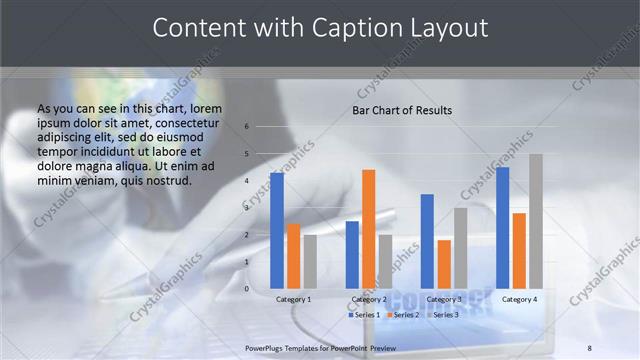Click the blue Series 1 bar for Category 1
277,231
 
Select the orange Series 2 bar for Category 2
369,229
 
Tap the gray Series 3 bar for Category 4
536,221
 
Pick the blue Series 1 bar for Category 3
427,241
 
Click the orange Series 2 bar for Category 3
444,264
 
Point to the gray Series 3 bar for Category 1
310,261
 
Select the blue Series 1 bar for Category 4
503,228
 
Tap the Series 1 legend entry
364,315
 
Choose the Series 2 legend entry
402,315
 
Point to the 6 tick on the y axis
246,127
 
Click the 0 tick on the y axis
246,289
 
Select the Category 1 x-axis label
293,299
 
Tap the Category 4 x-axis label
519,299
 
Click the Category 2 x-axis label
369,299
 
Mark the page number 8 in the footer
589,348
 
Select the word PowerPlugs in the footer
266,348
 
